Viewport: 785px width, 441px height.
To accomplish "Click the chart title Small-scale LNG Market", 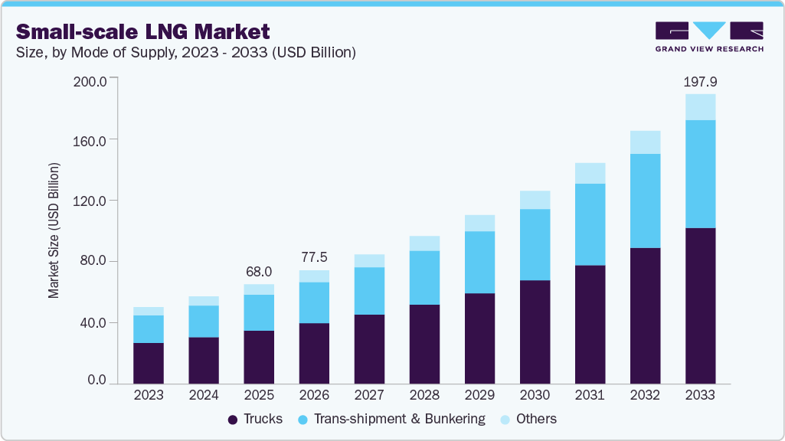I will pyautogui.click(x=143, y=31).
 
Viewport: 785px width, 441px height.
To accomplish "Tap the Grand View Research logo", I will pyautogui.click(x=709, y=36).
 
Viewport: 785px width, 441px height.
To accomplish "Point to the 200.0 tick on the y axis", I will pyautogui.click(x=90, y=80).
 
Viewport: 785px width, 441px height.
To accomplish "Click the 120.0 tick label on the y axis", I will pyautogui.click(x=90, y=201).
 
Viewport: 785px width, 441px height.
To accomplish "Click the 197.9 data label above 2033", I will pyautogui.click(x=699, y=81).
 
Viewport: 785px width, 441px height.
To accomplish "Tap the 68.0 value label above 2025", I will pyautogui.click(x=258, y=272).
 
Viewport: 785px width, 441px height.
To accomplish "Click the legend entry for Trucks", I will pyautogui.click(x=255, y=419).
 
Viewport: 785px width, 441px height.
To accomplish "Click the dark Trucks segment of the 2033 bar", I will pyautogui.click(x=700, y=305).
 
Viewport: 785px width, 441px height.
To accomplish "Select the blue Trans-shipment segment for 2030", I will pyautogui.click(x=535, y=245).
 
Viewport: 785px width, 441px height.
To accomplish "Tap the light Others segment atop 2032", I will pyautogui.click(x=645, y=142).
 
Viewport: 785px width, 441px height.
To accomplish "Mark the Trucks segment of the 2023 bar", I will pyautogui.click(x=148, y=363).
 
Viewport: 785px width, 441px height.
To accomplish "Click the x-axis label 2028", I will pyautogui.click(x=424, y=396).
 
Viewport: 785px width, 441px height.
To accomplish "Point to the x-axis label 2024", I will pyautogui.click(x=204, y=396).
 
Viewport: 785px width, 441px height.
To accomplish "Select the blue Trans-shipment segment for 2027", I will pyautogui.click(x=369, y=291).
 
